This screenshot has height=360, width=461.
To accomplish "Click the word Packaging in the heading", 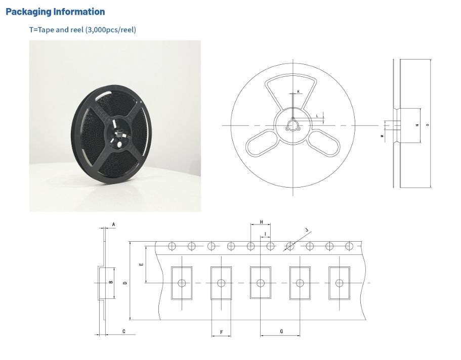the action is point(28,12).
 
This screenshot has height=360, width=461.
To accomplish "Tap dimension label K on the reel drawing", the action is point(298,92).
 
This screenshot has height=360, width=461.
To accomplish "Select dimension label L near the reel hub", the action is point(317,116).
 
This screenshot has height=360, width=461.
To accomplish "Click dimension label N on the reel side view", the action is point(417,125).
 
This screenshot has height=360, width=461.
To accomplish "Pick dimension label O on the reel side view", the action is point(428,124).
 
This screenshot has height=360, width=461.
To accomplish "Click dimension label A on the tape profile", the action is point(113,224).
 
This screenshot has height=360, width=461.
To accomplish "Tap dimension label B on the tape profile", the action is point(110,283).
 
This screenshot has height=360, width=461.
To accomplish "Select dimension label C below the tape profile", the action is point(124,331).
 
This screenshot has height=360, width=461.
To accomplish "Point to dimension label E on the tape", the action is point(142,264).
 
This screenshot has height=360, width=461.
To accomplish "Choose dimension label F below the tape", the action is point(221,332).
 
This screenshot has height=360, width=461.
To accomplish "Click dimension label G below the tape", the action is point(281,331).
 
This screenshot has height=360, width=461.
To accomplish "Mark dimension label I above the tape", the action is point(265,233).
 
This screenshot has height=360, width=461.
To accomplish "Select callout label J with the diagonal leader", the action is point(307,230).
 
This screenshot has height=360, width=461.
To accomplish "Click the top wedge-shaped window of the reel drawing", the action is point(292,91).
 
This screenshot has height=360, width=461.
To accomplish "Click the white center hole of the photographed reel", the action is point(119,143).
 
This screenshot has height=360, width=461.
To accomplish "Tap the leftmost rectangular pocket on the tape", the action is point(182,283).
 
